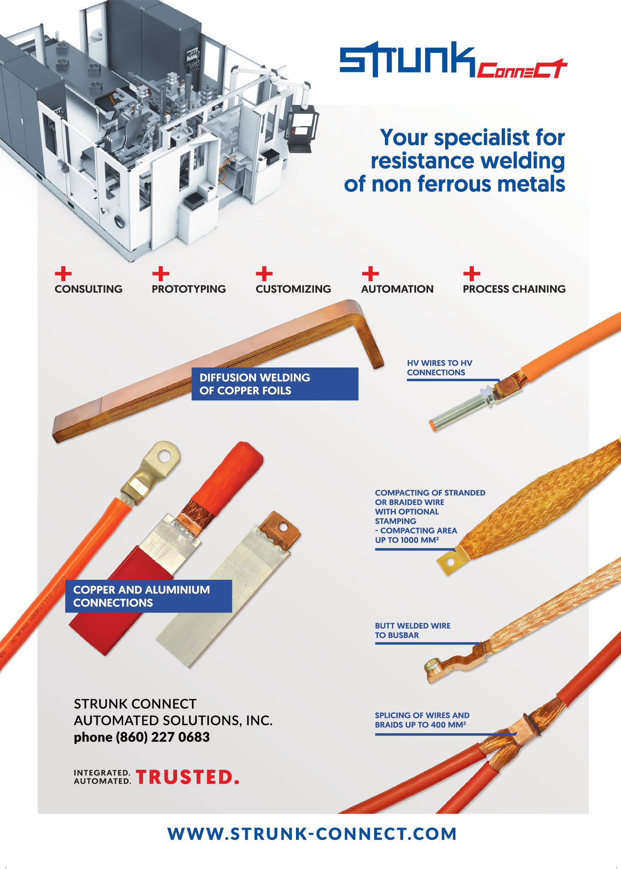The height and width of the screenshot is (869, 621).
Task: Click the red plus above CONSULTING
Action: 63,274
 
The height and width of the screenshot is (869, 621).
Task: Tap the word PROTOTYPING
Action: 189,289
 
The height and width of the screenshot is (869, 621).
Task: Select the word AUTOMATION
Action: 397,289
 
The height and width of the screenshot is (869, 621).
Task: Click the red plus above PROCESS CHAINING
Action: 472,274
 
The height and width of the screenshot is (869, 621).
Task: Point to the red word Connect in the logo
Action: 522,69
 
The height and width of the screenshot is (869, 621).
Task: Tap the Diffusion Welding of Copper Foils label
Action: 275,384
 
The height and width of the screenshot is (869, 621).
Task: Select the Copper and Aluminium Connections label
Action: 148,596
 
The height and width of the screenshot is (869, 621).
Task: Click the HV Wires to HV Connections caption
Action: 439,367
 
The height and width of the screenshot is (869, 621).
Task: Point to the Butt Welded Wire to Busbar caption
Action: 412,630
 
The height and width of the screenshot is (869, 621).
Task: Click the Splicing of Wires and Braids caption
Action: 422,720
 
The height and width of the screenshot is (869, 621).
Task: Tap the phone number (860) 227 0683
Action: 163,737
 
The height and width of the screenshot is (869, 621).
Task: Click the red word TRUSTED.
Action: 187,777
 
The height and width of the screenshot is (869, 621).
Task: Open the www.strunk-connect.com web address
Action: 312,834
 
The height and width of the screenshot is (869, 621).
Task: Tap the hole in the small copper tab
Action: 283,527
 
